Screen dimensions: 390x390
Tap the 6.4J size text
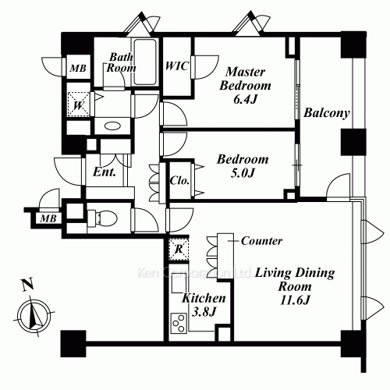(x=246, y=99)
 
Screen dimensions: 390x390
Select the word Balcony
(x=326, y=113)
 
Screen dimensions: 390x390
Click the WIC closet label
(x=176, y=66)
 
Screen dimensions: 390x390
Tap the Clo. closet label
(x=180, y=179)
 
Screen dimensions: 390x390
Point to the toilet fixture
(x=103, y=217)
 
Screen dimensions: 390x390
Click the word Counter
(x=262, y=241)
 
